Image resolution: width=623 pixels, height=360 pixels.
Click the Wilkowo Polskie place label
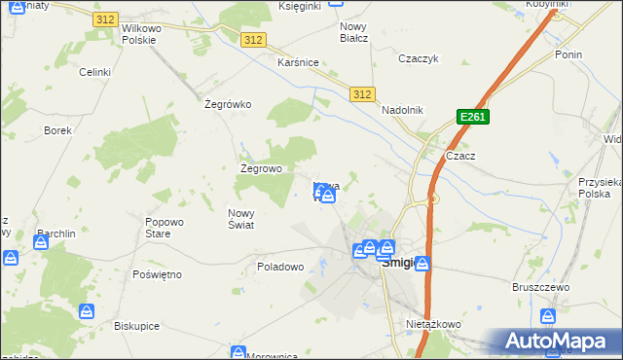click(x=145, y=34)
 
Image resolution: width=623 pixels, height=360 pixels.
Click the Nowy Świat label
click(x=241, y=219)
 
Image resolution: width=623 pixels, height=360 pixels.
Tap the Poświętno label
click(x=157, y=274)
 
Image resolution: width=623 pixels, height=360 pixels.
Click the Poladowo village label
click(x=281, y=266)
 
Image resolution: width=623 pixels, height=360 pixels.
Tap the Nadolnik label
click(x=403, y=110)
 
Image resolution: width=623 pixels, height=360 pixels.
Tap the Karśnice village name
click(x=298, y=62)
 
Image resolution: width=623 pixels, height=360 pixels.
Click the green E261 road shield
click(x=472, y=117)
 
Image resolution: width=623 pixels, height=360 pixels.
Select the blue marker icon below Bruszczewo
click(x=548, y=316)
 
